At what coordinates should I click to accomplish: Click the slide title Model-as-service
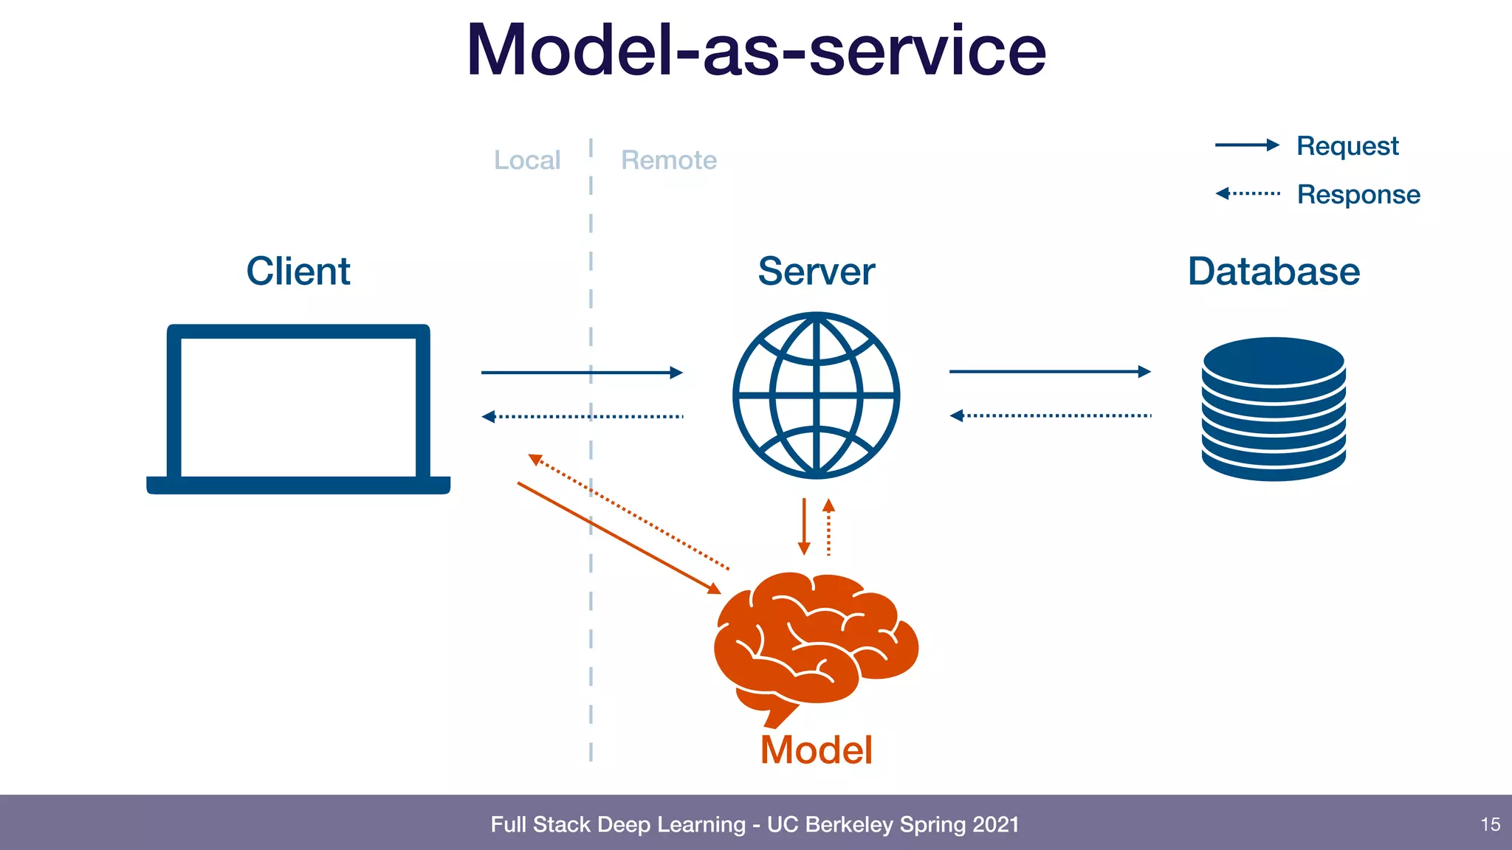756,50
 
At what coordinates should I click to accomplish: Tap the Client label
298,271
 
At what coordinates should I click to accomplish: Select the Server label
816,271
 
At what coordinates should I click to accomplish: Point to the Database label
1274,271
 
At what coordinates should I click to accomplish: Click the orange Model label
817,750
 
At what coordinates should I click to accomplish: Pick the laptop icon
298,409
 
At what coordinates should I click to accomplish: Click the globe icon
817,395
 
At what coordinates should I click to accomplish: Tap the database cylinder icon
1274,409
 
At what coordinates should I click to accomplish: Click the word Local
527,160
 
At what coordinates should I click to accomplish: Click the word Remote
669,160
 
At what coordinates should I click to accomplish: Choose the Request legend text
1347,146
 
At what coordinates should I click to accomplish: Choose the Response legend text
1358,194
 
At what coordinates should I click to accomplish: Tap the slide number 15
1490,824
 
